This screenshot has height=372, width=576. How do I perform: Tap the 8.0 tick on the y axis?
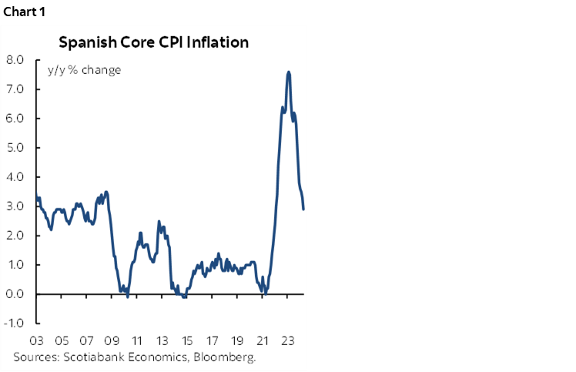[15, 60]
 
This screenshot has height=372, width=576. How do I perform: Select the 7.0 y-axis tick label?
[15, 89]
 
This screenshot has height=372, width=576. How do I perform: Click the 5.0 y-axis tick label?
[15, 148]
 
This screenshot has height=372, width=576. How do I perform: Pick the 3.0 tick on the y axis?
[15, 206]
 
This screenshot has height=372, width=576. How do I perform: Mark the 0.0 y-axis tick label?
[15, 294]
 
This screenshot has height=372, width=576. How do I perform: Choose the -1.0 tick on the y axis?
[13, 323]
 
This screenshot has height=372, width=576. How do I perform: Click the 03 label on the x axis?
[36, 340]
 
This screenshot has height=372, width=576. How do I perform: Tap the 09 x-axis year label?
[112, 340]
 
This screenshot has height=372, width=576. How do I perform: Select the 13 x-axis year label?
[162, 340]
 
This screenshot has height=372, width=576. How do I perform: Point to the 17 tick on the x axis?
[213, 340]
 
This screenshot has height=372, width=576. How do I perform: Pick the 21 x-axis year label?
[263, 340]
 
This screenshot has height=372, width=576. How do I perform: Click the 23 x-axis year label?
[288, 340]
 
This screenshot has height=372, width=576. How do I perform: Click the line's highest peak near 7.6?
[288, 72]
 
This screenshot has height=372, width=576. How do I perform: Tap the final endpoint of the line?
[303, 209]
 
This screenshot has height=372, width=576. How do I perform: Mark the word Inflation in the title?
[221, 42]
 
